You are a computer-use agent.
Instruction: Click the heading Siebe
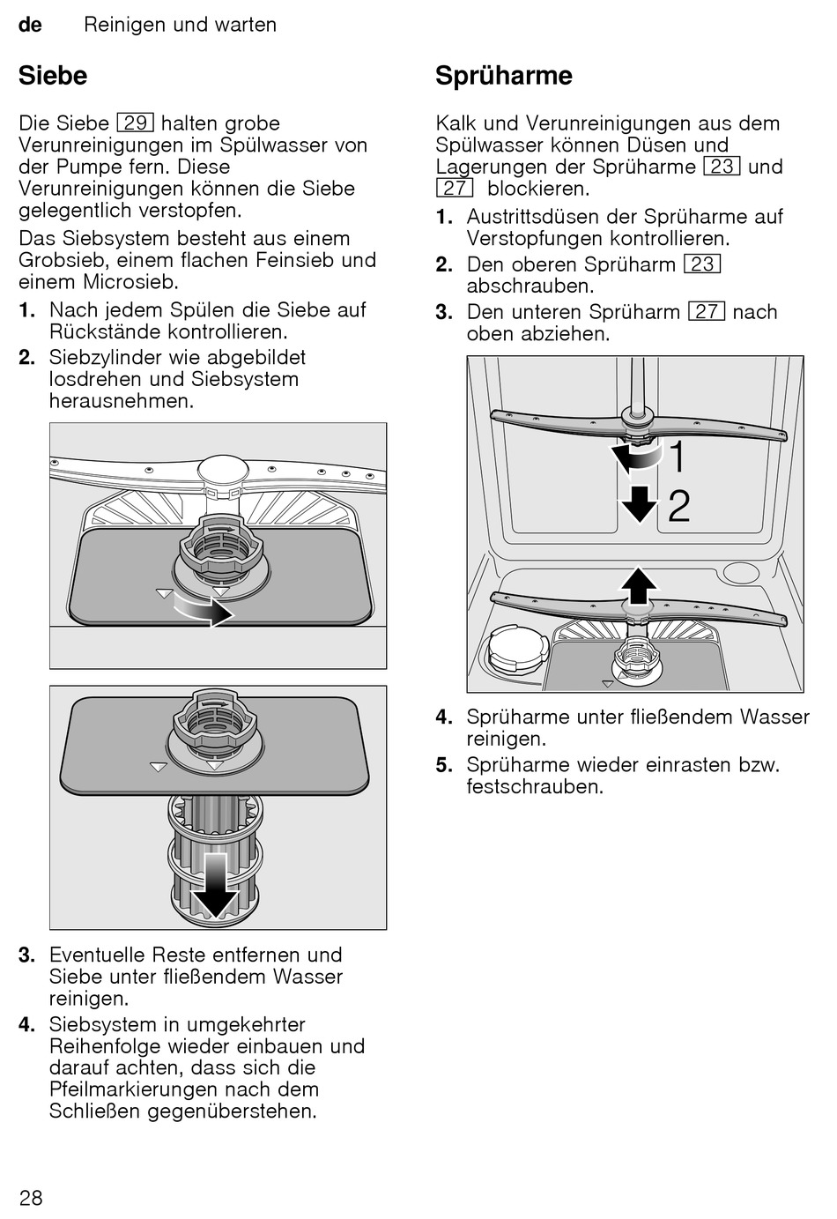coord(53,76)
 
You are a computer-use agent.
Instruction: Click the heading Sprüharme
coord(503,76)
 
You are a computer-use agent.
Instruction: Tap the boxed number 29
coord(135,123)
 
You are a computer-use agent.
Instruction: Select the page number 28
coord(31,1197)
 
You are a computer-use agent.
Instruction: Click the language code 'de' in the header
coord(30,25)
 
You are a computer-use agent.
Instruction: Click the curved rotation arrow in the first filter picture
coord(204,608)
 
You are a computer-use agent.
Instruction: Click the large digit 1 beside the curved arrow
coord(678,457)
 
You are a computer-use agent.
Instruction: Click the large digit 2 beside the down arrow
coord(678,507)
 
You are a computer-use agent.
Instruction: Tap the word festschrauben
coord(535,786)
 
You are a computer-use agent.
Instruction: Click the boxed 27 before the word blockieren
coord(455,189)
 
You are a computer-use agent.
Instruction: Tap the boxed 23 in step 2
coord(702,264)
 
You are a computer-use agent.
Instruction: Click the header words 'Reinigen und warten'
coord(180,25)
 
